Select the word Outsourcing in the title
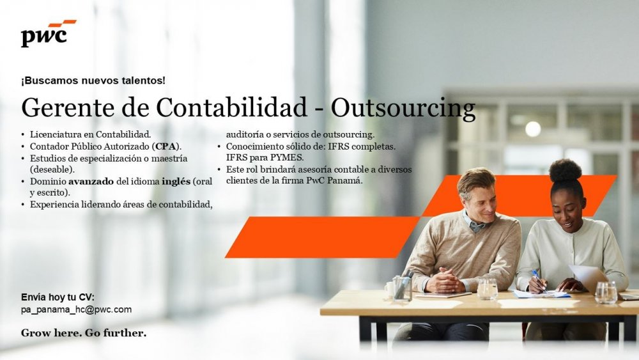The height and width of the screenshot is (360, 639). click(403, 109)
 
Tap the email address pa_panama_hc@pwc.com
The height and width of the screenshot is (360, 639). click(76, 309)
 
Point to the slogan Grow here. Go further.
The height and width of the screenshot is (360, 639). click(84, 333)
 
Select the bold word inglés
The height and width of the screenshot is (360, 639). click(176, 182)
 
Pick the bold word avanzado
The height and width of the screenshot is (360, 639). click(91, 182)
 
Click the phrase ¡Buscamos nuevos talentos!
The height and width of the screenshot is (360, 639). click(93, 81)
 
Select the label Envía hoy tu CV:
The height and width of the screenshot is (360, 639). click(58, 297)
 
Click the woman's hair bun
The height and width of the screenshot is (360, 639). click(565, 171)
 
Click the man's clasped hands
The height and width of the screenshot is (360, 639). click(444, 281)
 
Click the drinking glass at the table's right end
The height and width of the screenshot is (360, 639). click(606, 292)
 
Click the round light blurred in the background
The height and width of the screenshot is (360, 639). click(533, 129)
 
